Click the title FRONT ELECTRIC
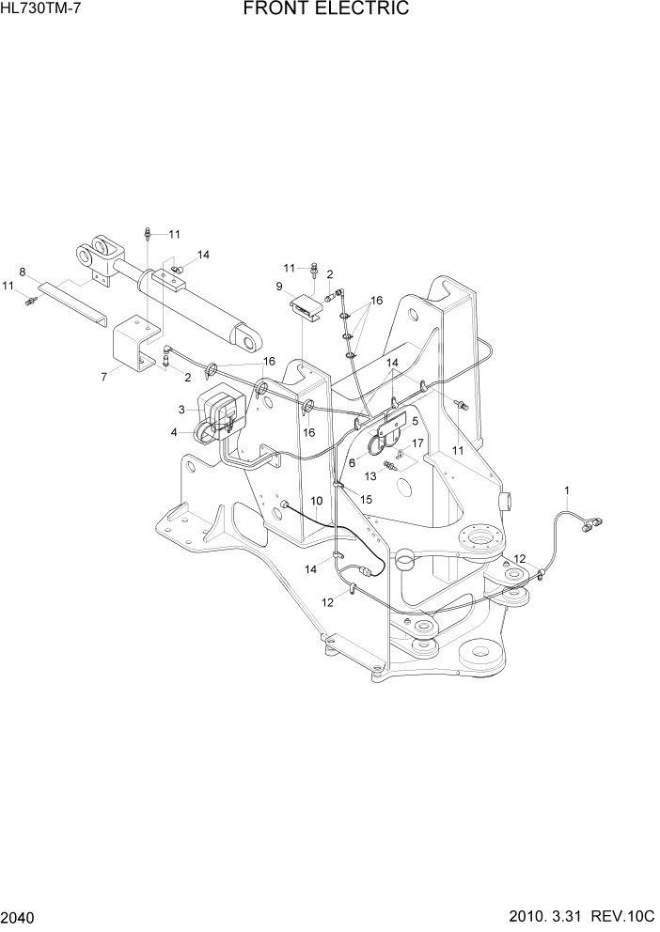point(326,10)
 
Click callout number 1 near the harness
point(567,489)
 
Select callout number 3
point(181,410)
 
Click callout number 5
point(415,422)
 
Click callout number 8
point(23,272)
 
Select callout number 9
point(279,286)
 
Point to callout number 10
point(317,500)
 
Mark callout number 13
point(371,476)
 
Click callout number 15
point(367,499)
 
